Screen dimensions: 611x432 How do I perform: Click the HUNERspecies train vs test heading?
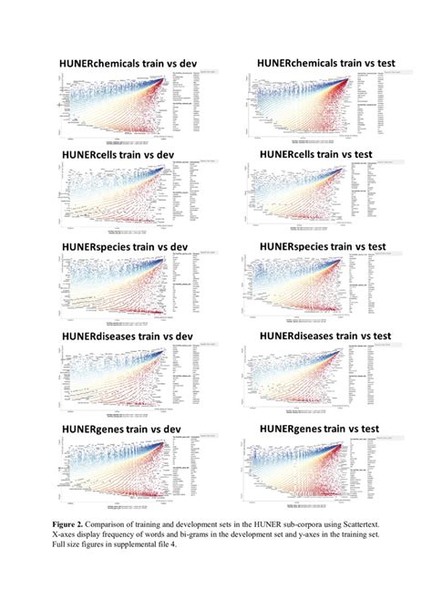tap(319, 246)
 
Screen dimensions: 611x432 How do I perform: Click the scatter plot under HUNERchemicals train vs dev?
tap(114, 109)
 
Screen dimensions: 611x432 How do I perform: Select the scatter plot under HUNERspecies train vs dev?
tap(114, 292)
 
